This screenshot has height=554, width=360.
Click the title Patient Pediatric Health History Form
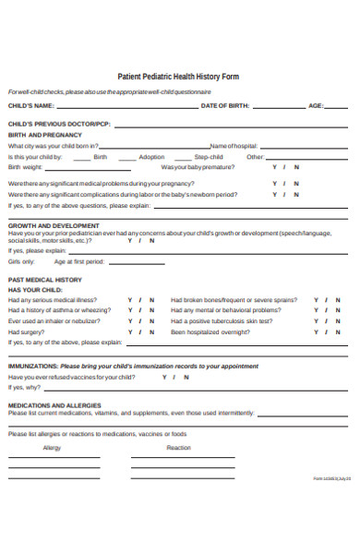[x=179, y=78]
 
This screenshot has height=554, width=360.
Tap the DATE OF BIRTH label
[x=225, y=106]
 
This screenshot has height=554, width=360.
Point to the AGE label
[x=316, y=106]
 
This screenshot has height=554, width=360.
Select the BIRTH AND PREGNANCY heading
[x=44, y=135]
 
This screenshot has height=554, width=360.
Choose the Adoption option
[x=151, y=157]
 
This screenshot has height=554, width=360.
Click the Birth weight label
[x=25, y=167]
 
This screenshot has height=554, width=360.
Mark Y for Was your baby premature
[x=274, y=167]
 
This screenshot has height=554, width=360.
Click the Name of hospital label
[x=233, y=146]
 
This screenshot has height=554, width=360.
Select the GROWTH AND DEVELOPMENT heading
[x=54, y=225]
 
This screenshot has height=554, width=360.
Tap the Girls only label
[x=21, y=261]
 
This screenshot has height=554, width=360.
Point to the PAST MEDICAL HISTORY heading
[x=45, y=279]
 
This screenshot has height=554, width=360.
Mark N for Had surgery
[x=152, y=331]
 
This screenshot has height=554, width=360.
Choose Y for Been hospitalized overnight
[x=316, y=331]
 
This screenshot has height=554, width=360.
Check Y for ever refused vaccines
[x=164, y=377]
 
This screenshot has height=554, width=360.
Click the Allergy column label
[x=52, y=448]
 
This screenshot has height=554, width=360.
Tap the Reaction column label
[x=178, y=448]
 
